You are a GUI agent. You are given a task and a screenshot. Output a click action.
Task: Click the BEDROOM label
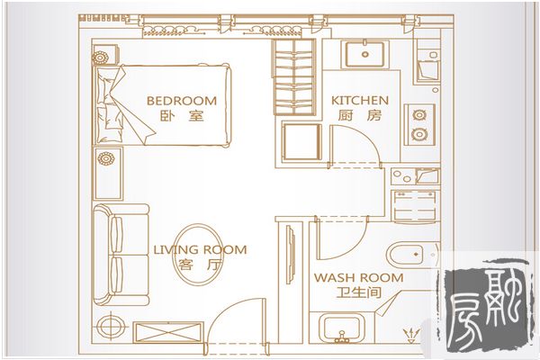coord(182,101)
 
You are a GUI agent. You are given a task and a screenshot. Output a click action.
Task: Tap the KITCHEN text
coord(360,100)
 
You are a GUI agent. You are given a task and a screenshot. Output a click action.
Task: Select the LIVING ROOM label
coord(200,249)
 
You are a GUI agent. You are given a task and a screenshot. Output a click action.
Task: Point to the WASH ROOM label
coord(358,277)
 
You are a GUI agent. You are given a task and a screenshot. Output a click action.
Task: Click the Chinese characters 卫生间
coord(359,292)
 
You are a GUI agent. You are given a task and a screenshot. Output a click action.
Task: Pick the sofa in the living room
coord(121,255)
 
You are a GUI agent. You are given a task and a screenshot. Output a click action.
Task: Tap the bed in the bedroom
coord(162,104)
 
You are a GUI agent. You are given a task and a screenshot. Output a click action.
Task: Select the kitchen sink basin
coord(364,54)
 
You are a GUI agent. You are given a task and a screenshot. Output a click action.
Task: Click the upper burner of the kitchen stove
coord(419,114)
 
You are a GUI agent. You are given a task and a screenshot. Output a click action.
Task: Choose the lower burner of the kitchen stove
coord(419,134)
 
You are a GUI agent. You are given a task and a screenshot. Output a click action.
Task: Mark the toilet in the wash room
coord(411,255)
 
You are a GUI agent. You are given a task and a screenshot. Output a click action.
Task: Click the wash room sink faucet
coord(342,337)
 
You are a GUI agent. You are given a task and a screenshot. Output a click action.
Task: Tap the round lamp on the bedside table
coord(100,58)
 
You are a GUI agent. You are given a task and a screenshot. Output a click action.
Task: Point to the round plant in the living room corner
coord(111,326)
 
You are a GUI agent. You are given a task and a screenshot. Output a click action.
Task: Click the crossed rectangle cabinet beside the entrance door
coord(167,332)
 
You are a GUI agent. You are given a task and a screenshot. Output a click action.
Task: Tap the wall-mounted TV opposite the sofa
coord(291,255)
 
